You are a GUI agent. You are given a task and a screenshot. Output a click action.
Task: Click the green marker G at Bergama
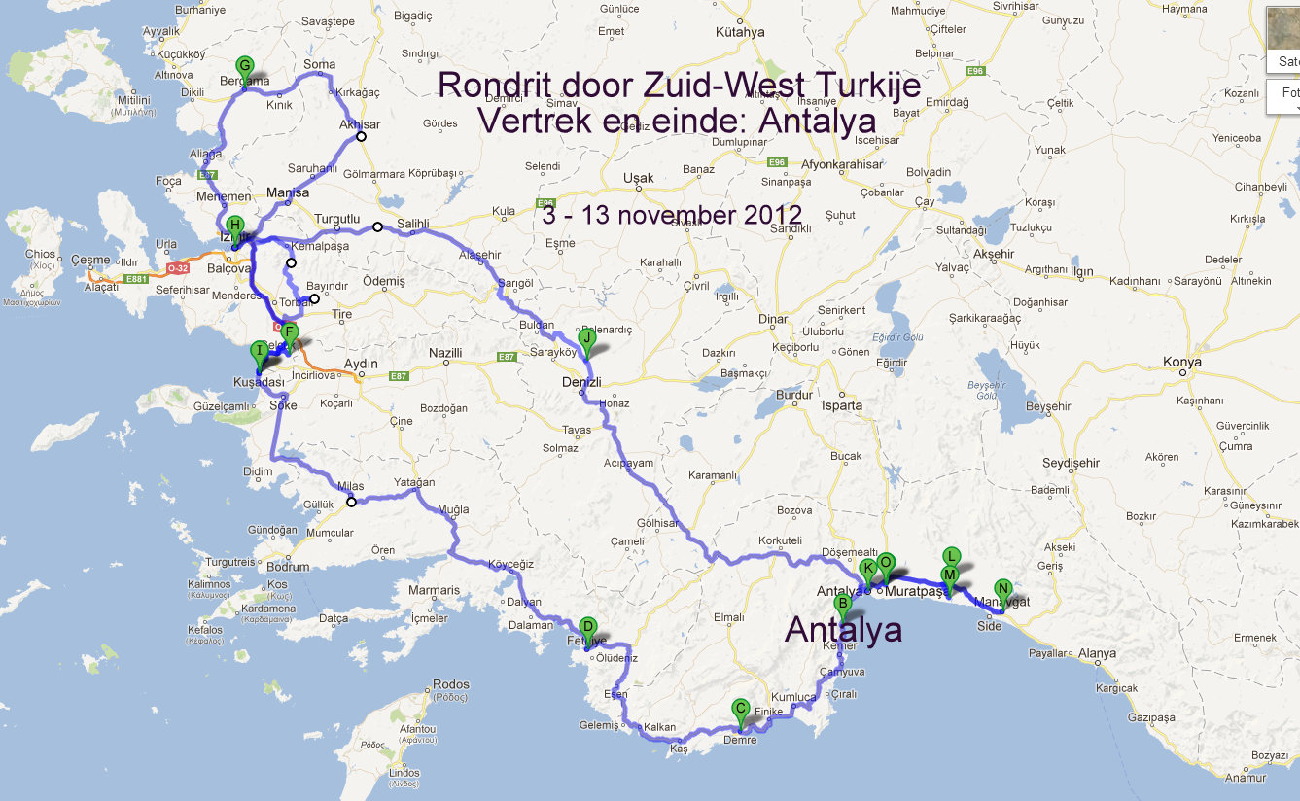245,67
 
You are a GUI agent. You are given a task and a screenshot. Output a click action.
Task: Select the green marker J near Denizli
586,338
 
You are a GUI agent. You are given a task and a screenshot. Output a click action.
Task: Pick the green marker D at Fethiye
587,628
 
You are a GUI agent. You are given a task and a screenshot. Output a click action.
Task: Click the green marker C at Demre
741,710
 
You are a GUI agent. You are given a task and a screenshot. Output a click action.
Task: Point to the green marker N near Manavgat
1003,589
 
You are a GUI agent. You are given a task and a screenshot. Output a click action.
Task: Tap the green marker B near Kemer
843,604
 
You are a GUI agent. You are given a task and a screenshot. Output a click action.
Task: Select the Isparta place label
842,405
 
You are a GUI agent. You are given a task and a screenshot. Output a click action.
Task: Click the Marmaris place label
434,590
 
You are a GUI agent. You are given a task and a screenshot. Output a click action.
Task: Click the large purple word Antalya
843,629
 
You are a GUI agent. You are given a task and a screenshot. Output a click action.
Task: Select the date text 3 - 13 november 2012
672,215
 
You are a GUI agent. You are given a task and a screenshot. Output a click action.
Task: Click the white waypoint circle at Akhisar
361,136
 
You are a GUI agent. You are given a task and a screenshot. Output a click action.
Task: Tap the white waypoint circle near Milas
351,502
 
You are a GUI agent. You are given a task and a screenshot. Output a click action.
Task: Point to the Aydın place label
361,364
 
